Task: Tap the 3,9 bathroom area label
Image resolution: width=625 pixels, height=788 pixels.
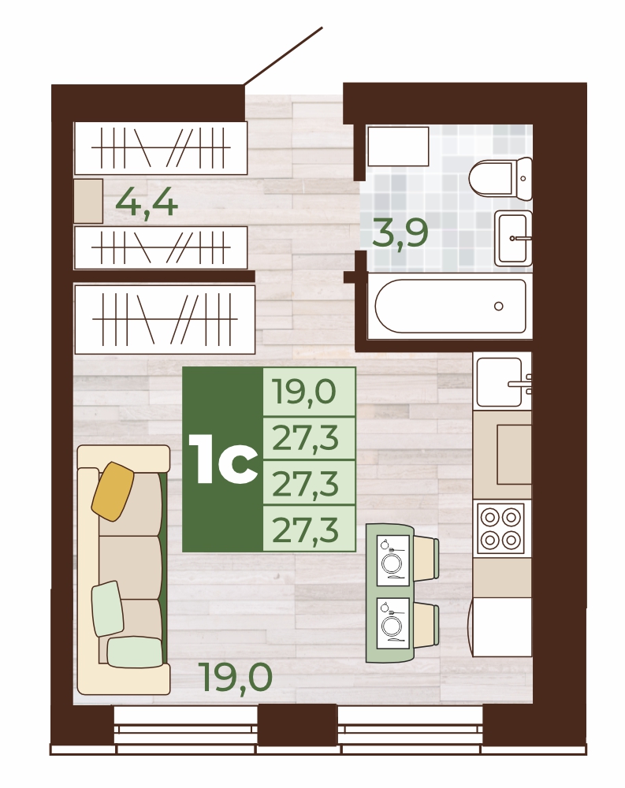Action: coord(400,232)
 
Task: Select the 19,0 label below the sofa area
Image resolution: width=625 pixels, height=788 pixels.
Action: coord(236,677)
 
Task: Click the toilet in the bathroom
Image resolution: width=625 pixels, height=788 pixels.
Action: coord(500,178)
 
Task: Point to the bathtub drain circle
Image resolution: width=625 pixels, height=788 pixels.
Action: coord(499,306)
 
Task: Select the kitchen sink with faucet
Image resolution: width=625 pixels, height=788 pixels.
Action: coord(503,382)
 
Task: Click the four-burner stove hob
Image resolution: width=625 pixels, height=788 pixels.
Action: coord(500,528)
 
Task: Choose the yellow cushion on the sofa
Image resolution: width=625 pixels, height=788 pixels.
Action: coord(113,491)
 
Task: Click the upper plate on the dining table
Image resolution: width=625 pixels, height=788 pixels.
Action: coord(392,561)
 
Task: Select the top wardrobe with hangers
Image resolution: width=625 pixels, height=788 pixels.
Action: coord(161,147)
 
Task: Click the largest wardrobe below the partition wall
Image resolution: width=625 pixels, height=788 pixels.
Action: coord(165,319)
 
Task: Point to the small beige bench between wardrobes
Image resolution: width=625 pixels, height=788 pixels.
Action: coord(88,201)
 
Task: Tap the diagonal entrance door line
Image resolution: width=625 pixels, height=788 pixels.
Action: coord(283,56)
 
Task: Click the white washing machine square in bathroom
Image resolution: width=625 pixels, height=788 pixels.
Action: coord(398,147)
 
